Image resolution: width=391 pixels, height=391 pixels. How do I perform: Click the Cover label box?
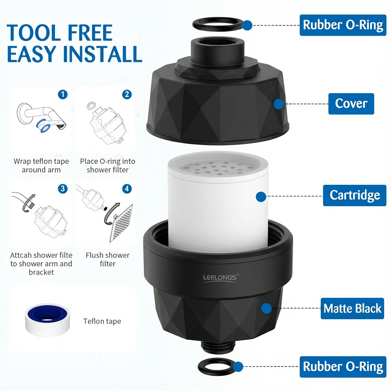click(351, 104)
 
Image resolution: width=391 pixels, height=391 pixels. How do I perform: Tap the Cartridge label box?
click(355, 195)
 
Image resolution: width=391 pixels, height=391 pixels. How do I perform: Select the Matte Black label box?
click(352, 309)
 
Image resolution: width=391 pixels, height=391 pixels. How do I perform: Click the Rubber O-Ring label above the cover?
click(343, 25)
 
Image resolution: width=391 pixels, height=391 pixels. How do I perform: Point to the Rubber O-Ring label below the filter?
click(343, 367)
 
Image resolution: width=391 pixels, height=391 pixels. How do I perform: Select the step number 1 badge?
click(63, 95)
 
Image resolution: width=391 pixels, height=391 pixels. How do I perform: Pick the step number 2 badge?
click(127, 95)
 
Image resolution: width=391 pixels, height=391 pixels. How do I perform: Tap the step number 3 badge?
click(63, 189)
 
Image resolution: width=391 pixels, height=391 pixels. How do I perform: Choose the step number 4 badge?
click(127, 189)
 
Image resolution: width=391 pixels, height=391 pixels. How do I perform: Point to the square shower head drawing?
click(121, 223)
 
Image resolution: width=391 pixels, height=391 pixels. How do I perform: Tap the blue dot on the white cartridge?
click(261, 197)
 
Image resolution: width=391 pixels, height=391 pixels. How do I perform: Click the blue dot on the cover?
click(278, 104)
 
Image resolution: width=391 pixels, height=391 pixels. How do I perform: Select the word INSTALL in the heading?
click(103, 54)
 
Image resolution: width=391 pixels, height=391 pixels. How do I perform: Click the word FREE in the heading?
click(90, 32)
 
